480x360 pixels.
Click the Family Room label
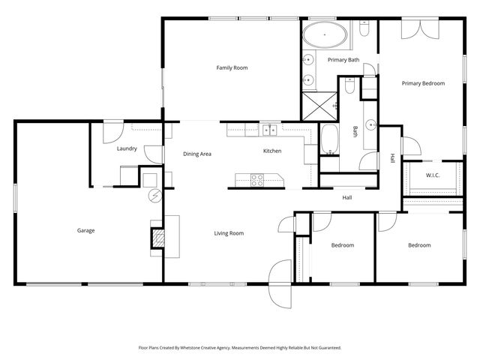coord(232,68)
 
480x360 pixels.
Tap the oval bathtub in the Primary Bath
coord(325,34)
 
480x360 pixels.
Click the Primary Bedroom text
coord(423,83)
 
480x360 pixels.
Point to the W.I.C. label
coord(432,175)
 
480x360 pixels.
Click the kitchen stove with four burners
coord(257,180)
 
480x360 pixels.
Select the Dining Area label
coord(197,154)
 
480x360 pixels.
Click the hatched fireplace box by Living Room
coord(157,238)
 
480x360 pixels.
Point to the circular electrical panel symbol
coord(155,195)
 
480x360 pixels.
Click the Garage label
coord(85,230)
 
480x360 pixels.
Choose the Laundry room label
coord(127,148)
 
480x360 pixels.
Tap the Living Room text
coord(229,233)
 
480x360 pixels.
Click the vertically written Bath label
coord(355,131)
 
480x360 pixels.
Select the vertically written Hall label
coord(391,158)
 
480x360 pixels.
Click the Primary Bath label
coord(343,60)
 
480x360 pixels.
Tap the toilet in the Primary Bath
coord(364,30)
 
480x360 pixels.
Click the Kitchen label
coord(271,151)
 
